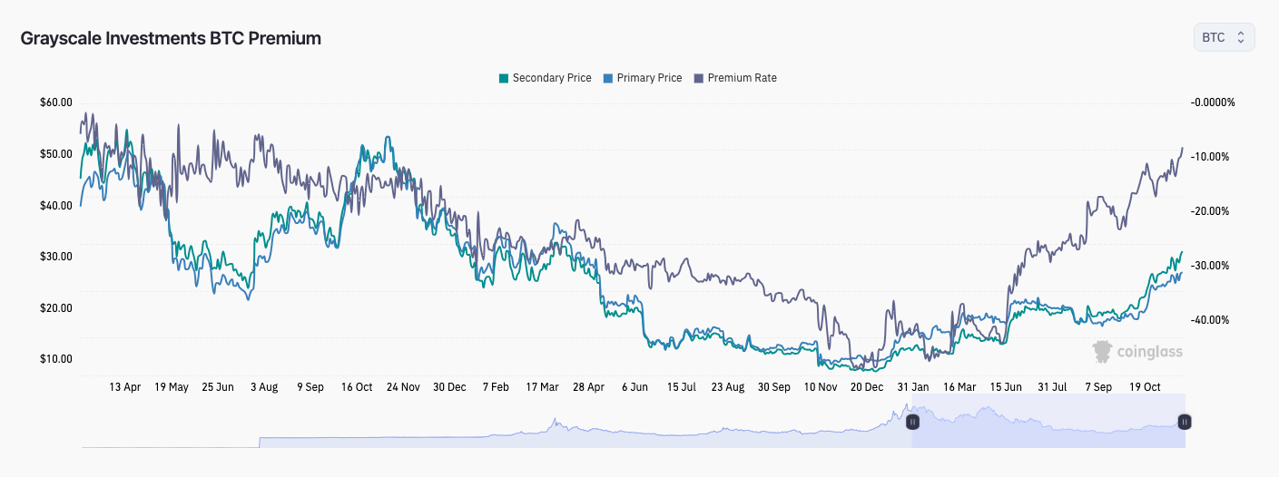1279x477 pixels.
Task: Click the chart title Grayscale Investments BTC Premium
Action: click(x=171, y=38)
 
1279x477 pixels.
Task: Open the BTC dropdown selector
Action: click(x=1224, y=37)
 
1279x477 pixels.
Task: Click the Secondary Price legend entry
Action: click(x=545, y=78)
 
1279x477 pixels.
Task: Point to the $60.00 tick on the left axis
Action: click(x=55, y=102)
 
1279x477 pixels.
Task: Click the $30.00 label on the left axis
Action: click(x=55, y=257)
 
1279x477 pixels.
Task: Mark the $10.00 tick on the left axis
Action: click(x=55, y=359)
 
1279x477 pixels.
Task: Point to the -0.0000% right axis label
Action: click(x=1213, y=102)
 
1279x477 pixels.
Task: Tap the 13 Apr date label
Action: click(x=125, y=387)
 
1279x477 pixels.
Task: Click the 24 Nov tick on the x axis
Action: click(x=403, y=387)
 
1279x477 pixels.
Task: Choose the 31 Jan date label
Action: click(x=913, y=387)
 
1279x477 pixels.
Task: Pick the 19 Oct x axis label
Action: click(x=1145, y=387)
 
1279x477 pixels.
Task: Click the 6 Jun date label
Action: click(x=635, y=387)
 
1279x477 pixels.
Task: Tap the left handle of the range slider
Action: click(x=912, y=422)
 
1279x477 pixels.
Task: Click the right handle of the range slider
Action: click(x=1184, y=422)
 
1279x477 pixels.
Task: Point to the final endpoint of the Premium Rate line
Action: click(x=1182, y=148)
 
